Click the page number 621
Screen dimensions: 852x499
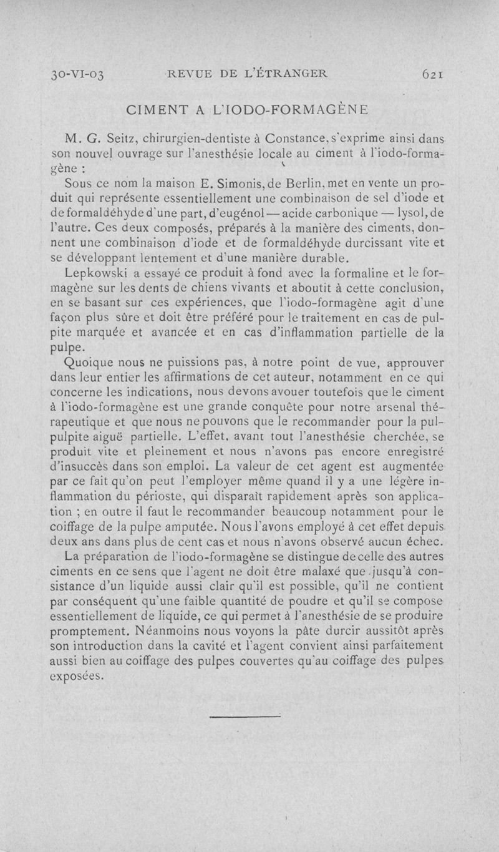point(432,73)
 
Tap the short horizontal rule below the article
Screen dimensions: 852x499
point(236,717)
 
